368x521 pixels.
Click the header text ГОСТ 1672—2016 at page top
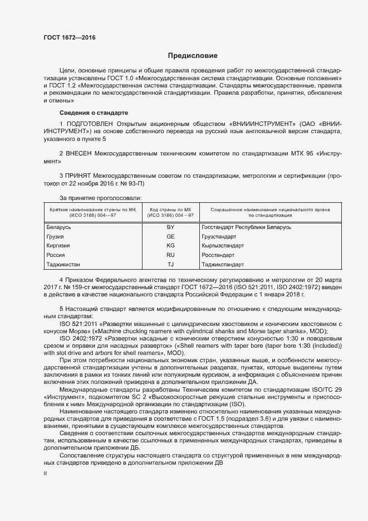coord(70,37)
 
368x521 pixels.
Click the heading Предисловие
coord(193,56)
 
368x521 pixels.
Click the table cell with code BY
coord(170,227)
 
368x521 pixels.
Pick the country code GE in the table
coord(170,236)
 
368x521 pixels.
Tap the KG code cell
coord(170,245)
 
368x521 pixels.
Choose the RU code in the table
coord(170,255)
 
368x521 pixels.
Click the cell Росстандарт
coord(219,255)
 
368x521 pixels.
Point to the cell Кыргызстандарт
coord(223,245)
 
